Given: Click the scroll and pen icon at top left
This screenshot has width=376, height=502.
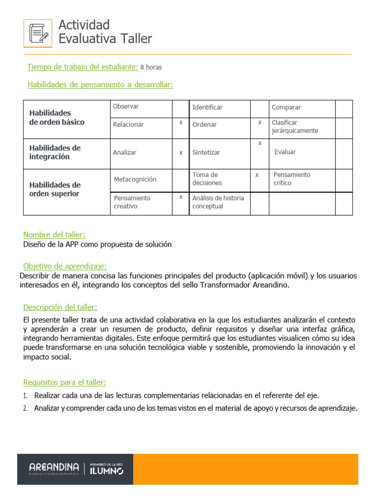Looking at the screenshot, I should click(x=38, y=33).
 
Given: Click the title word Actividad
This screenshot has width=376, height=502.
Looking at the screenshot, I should click(x=84, y=25).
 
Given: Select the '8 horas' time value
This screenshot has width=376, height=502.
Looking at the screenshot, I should click(x=151, y=67).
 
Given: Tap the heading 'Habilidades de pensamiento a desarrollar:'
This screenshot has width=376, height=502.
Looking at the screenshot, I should click(x=100, y=85).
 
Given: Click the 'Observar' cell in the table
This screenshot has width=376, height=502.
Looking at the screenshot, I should click(x=126, y=106).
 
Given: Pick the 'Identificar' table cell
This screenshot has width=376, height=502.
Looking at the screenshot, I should click(x=207, y=107).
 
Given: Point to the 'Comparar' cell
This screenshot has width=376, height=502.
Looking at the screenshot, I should click(x=286, y=107).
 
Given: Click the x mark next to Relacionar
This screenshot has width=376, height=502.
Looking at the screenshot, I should click(x=181, y=123).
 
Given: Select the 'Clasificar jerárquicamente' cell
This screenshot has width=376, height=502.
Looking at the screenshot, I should click(x=295, y=126).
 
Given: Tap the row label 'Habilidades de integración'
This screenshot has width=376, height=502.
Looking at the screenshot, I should click(x=55, y=152).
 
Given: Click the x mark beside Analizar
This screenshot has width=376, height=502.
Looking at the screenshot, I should click(x=181, y=152).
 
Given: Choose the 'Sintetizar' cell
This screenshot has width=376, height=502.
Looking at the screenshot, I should click(x=206, y=152).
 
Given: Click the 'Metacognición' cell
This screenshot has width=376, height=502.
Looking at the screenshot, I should click(x=135, y=179).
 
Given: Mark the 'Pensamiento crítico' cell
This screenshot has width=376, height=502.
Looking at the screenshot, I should click(x=292, y=178).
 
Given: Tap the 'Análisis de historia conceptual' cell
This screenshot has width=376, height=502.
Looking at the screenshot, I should click(x=218, y=202).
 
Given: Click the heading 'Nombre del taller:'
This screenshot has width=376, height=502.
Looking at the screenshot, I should click(x=54, y=235).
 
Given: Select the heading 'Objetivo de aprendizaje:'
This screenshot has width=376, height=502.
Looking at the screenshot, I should click(x=65, y=266).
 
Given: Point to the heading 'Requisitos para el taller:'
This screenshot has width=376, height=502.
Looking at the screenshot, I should click(x=65, y=382).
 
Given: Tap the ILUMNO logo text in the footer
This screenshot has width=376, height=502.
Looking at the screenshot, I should click(x=106, y=470).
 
